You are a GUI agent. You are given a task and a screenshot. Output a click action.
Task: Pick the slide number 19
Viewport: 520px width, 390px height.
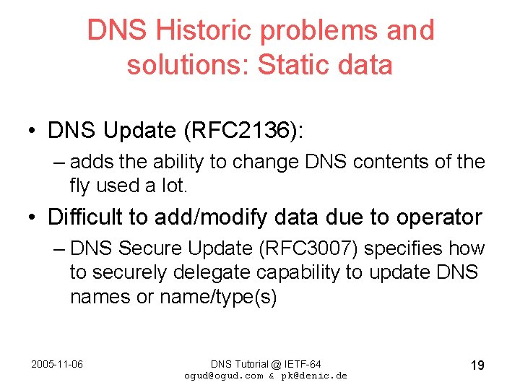[x=477, y=365]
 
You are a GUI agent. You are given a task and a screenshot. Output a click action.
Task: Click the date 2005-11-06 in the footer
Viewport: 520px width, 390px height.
[x=57, y=364]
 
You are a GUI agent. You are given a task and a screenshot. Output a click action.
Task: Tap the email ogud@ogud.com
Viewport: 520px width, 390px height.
[x=224, y=376]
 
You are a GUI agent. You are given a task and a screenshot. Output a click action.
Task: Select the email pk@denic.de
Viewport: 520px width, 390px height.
[x=317, y=376]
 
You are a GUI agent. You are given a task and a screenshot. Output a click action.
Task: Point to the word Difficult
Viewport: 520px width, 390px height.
[x=84, y=217]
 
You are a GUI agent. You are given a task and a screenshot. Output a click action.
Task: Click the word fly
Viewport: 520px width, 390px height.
[x=82, y=186]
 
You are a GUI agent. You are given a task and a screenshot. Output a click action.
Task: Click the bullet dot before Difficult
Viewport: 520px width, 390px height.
[x=34, y=217]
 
